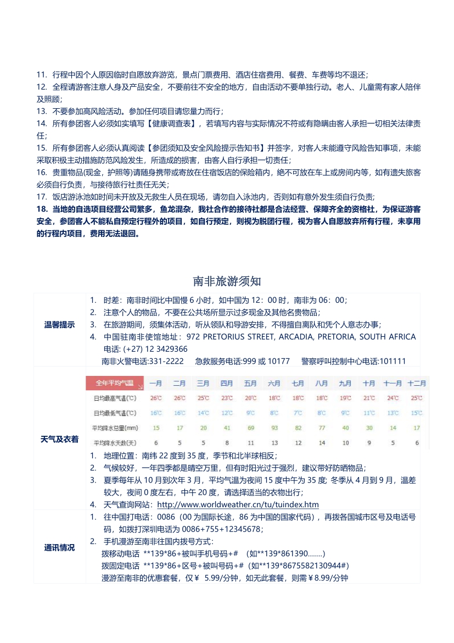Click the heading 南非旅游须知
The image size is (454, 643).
(x=227, y=281)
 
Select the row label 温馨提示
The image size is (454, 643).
(x=59, y=324)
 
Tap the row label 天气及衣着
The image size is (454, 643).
(x=59, y=439)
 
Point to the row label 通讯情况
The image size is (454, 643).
(x=59, y=547)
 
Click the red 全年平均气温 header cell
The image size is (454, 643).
(x=114, y=383)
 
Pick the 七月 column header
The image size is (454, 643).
(x=298, y=383)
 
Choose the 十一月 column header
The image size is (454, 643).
(x=393, y=383)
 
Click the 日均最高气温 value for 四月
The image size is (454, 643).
(x=227, y=398)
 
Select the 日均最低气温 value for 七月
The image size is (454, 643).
(x=298, y=413)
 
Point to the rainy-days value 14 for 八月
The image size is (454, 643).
(x=322, y=442)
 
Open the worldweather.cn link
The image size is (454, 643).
(x=238, y=505)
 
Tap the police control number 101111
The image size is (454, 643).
(x=392, y=361)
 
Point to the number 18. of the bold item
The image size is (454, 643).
(x=42, y=209)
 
